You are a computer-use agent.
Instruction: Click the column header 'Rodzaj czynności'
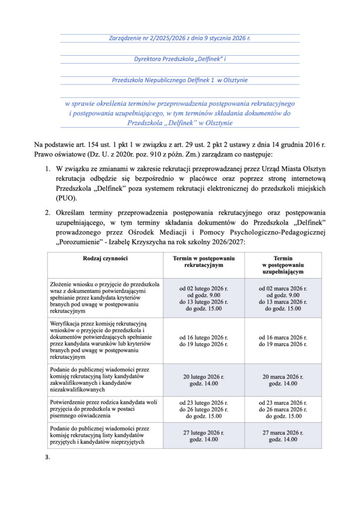[105, 258]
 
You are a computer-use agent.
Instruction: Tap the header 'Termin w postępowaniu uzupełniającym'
[282, 265]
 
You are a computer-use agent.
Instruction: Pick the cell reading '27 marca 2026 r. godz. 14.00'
[282, 436]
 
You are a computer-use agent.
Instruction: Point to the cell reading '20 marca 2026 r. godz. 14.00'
[282, 380]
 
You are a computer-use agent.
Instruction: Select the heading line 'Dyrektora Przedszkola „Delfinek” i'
[180, 59]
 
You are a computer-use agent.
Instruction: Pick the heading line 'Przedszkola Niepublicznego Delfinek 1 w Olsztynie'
[180, 80]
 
